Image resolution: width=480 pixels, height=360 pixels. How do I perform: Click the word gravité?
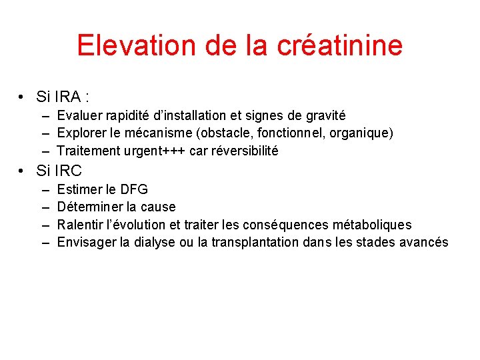pos(323,115)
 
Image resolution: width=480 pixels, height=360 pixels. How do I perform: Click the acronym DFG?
pos(133,189)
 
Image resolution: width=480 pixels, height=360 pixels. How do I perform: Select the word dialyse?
pos(155,243)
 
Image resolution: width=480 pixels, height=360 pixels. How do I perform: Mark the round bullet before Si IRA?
pos(23,98)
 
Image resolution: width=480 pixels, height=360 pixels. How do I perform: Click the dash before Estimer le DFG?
pos(45,189)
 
